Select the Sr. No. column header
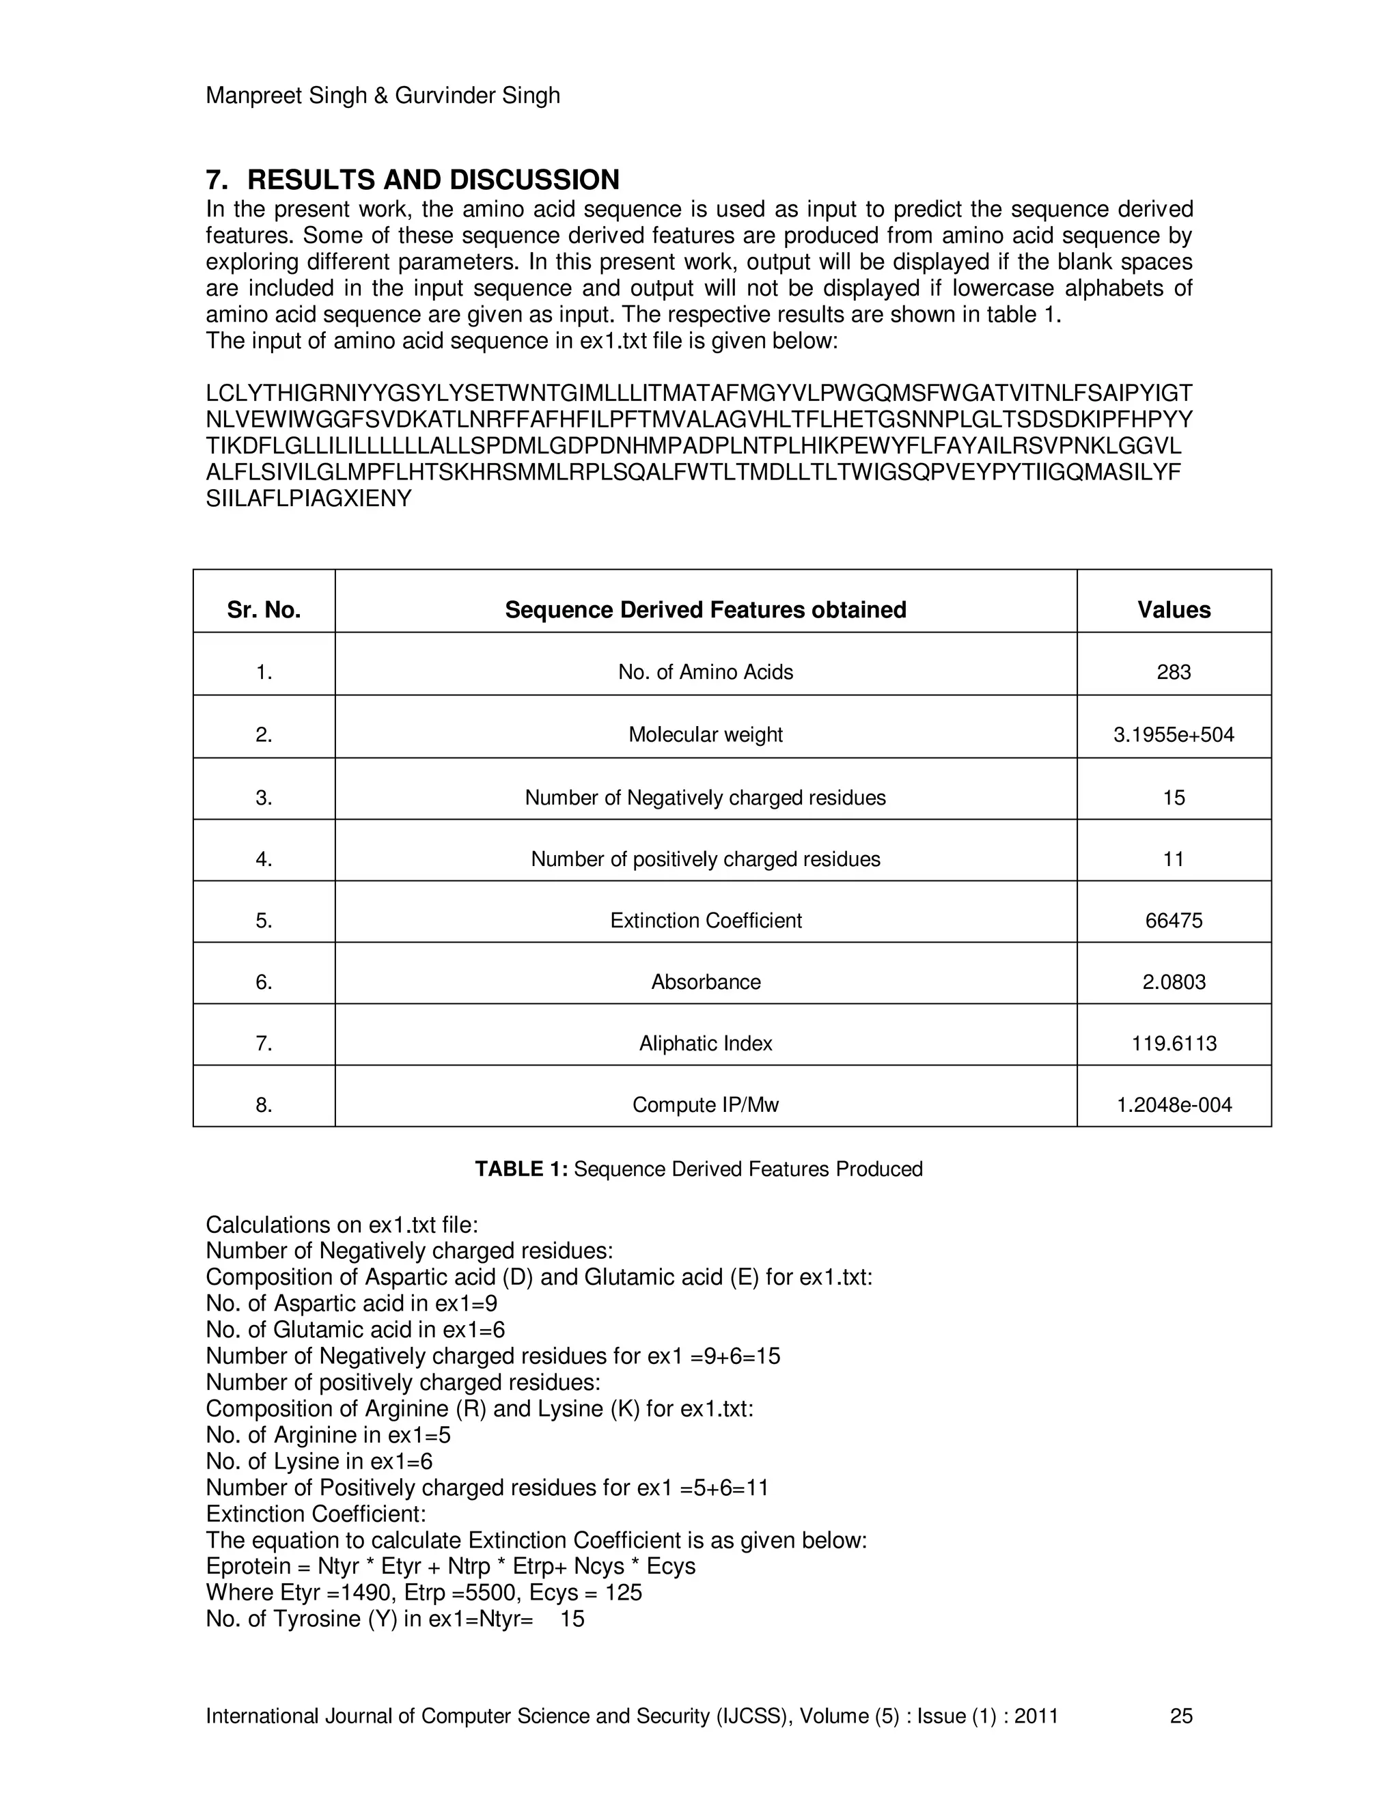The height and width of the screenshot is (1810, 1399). (264, 610)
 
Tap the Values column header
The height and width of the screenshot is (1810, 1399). (1174, 610)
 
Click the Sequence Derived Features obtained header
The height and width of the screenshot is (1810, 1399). (705, 610)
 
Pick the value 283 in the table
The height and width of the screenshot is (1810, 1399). (1174, 672)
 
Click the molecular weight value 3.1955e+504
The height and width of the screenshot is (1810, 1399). (1174, 735)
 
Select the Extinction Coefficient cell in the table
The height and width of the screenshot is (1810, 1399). (705, 921)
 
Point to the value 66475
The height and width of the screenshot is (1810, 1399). (1174, 921)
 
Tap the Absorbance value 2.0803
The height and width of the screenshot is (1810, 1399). (1174, 982)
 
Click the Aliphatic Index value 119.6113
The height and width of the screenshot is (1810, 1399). (1174, 1044)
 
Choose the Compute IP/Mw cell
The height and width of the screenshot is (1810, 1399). (705, 1104)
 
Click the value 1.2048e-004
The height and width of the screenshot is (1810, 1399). (1174, 1104)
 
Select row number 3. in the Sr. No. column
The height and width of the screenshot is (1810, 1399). (264, 798)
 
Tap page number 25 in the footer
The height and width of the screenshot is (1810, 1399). (1181, 1716)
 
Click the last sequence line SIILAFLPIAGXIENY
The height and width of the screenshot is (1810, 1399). (308, 499)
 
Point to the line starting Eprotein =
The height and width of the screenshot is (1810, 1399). (450, 1566)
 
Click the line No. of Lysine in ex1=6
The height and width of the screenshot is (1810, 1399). (319, 1461)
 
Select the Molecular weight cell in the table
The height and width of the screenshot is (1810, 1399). (705, 735)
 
